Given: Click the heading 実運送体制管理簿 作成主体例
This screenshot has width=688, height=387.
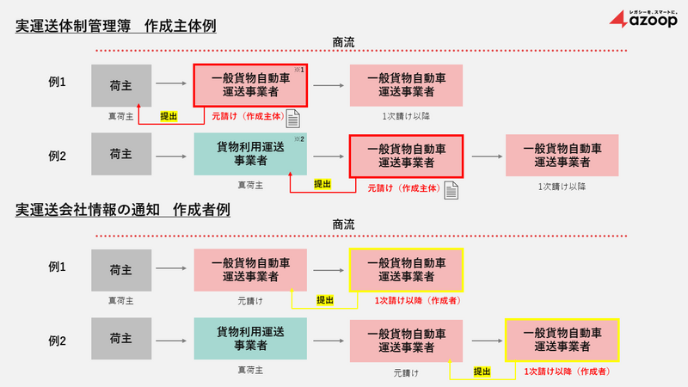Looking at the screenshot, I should coord(115,27).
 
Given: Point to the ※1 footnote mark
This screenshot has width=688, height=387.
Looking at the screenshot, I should coord(302,70).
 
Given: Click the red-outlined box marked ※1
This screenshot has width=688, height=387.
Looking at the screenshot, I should coord(249,85).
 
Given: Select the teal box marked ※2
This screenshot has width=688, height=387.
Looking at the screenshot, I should coord(249,155).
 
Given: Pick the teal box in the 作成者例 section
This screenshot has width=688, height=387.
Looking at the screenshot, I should coord(249,339).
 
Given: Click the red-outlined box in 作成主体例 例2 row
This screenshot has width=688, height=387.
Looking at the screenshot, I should coord(406,156).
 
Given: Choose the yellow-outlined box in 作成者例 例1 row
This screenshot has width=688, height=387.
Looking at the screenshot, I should coord(406,270).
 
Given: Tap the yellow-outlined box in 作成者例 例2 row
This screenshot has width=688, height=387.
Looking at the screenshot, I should coord(562,339).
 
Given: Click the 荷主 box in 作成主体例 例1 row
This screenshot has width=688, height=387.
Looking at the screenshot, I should coord(120,85).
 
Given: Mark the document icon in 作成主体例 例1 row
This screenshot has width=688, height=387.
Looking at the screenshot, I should coord(293,118).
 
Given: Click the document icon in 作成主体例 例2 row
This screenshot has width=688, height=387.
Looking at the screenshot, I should coord(450,188).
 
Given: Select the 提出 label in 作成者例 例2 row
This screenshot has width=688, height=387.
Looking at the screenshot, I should coord(482,372).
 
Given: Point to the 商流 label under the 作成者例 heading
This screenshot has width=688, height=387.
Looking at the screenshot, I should coord(344,224).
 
